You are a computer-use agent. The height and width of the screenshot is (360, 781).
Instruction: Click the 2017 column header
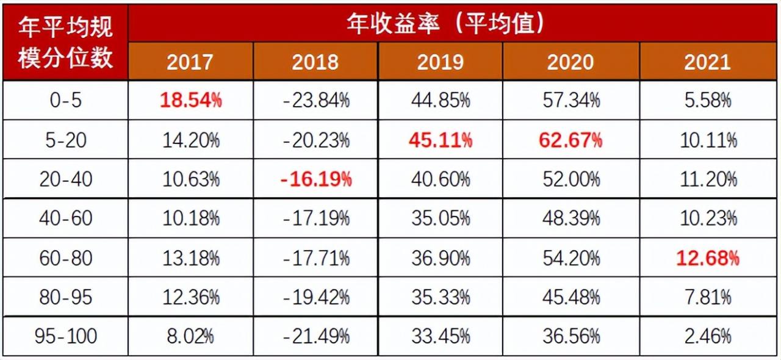pyautogui.click(x=190, y=62)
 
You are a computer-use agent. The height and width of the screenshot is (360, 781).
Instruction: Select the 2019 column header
pyautogui.click(x=440, y=62)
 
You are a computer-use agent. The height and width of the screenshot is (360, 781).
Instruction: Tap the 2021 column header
pyautogui.click(x=707, y=62)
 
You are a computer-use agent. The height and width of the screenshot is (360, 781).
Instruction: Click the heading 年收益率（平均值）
pyautogui.click(x=445, y=24)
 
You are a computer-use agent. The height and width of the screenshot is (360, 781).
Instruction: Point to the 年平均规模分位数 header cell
pyautogui.click(x=65, y=42)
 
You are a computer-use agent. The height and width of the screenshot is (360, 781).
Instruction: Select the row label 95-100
pyautogui.click(x=65, y=336)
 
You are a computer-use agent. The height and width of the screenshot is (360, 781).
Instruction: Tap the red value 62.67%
pyautogui.click(x=570, y=140)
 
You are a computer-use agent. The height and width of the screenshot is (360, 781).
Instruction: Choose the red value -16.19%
pyautogui.click(x=316, y=179)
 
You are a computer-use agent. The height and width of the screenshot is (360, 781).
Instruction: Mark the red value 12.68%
pyautogui.click(x=707, y=258)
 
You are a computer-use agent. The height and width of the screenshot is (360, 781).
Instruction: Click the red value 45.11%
pyautogui.click(x=441, y=140)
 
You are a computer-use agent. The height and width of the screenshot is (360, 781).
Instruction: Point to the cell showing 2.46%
pyautogui.click(x=707, y=336)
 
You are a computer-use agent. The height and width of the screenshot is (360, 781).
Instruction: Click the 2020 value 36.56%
pyautogui.click(x=570, y=336)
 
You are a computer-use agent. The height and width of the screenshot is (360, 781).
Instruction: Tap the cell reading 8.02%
pyautogui.click(x=190, y=336)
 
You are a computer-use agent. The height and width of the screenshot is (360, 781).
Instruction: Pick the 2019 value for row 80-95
pyautogui.click(x=441, y=297)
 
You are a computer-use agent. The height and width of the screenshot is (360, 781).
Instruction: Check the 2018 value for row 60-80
pyautogui.click(x=316, y=258)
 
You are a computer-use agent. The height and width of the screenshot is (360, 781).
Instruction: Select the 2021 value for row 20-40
pyautogui.click(x=707, y=179)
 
